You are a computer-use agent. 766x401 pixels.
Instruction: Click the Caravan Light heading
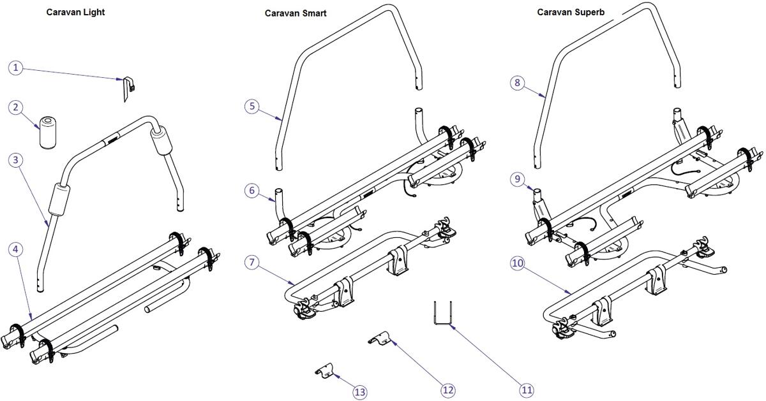pos(75,12)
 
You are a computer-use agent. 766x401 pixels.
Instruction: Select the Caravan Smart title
pos(296,13)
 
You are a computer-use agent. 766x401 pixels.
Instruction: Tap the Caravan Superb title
pos(567,12)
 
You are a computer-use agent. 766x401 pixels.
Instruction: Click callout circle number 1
pos(17,68)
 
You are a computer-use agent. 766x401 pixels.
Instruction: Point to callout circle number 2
pos(17,108)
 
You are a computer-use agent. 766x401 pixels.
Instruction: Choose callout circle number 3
pos(17,160)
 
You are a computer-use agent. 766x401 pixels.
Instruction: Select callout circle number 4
pos(17,249)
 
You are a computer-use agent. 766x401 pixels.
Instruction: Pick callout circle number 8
pos(518,82)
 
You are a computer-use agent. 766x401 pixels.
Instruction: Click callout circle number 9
pos(518,179)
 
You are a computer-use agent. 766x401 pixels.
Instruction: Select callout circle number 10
pos(518,262)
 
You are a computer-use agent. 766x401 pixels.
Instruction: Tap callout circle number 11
pos(526,390)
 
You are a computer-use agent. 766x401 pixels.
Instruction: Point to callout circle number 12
pos(448,390)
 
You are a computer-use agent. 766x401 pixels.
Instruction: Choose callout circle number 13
pos(360,392)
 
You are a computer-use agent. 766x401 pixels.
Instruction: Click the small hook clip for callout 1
pos(128,88)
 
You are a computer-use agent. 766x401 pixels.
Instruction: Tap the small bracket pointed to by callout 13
pos(326,371)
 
